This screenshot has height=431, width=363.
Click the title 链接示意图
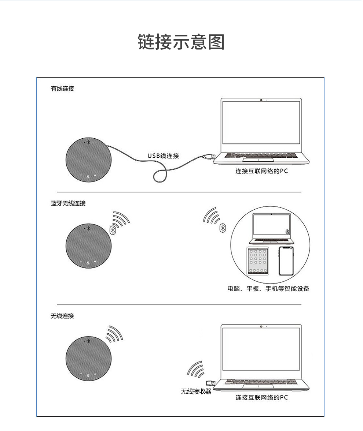click(181, 42)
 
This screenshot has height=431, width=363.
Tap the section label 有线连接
click(63, 89)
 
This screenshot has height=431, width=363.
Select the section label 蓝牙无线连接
click(68, 203)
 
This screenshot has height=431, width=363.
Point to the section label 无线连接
click(63, 316)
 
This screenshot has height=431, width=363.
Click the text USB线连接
click(163, 156)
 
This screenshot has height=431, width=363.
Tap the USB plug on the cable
click(209, 157)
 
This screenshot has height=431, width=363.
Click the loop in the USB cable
click(160, 176)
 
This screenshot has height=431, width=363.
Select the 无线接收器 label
click(196, 391)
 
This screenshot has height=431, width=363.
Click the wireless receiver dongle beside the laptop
click(211, 383)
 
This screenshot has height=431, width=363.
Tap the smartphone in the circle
click(286, 261)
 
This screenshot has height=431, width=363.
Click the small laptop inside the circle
click(272, 229)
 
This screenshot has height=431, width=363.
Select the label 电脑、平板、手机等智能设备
click(268, 289)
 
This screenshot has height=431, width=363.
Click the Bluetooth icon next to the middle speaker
click(113, 230)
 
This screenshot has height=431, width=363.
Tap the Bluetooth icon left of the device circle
click(223, 228)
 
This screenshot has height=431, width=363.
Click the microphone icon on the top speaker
click(88, 177)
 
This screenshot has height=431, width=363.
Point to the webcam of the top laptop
click(261, 100)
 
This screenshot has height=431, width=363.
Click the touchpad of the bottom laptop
click(258, 386)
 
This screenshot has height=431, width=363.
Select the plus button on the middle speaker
click(95, 261)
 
